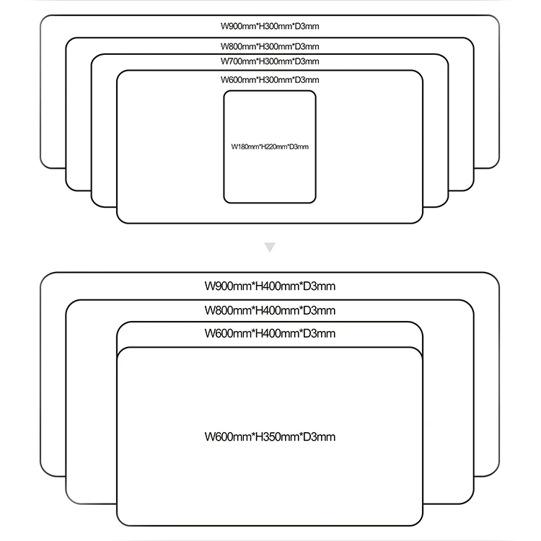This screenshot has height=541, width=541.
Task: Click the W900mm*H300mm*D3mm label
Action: point(270,27)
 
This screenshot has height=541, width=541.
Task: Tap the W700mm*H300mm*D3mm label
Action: point(270,61)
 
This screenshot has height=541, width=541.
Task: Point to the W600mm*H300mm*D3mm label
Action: point(270,80)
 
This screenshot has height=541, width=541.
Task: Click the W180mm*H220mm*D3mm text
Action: point(270,147)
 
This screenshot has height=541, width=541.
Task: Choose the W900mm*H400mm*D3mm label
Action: point(270,286)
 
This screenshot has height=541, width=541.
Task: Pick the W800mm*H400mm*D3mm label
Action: point(270,311)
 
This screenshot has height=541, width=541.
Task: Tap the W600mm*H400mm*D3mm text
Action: point(270,334)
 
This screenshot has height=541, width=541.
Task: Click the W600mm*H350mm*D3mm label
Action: point(270,437)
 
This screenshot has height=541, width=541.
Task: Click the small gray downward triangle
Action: point(270,247)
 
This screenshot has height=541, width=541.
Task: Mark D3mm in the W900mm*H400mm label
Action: point(317,286)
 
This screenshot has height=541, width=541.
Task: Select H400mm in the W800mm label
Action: point(270,311)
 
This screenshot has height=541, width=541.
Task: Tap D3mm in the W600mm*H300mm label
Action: point(306,80)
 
